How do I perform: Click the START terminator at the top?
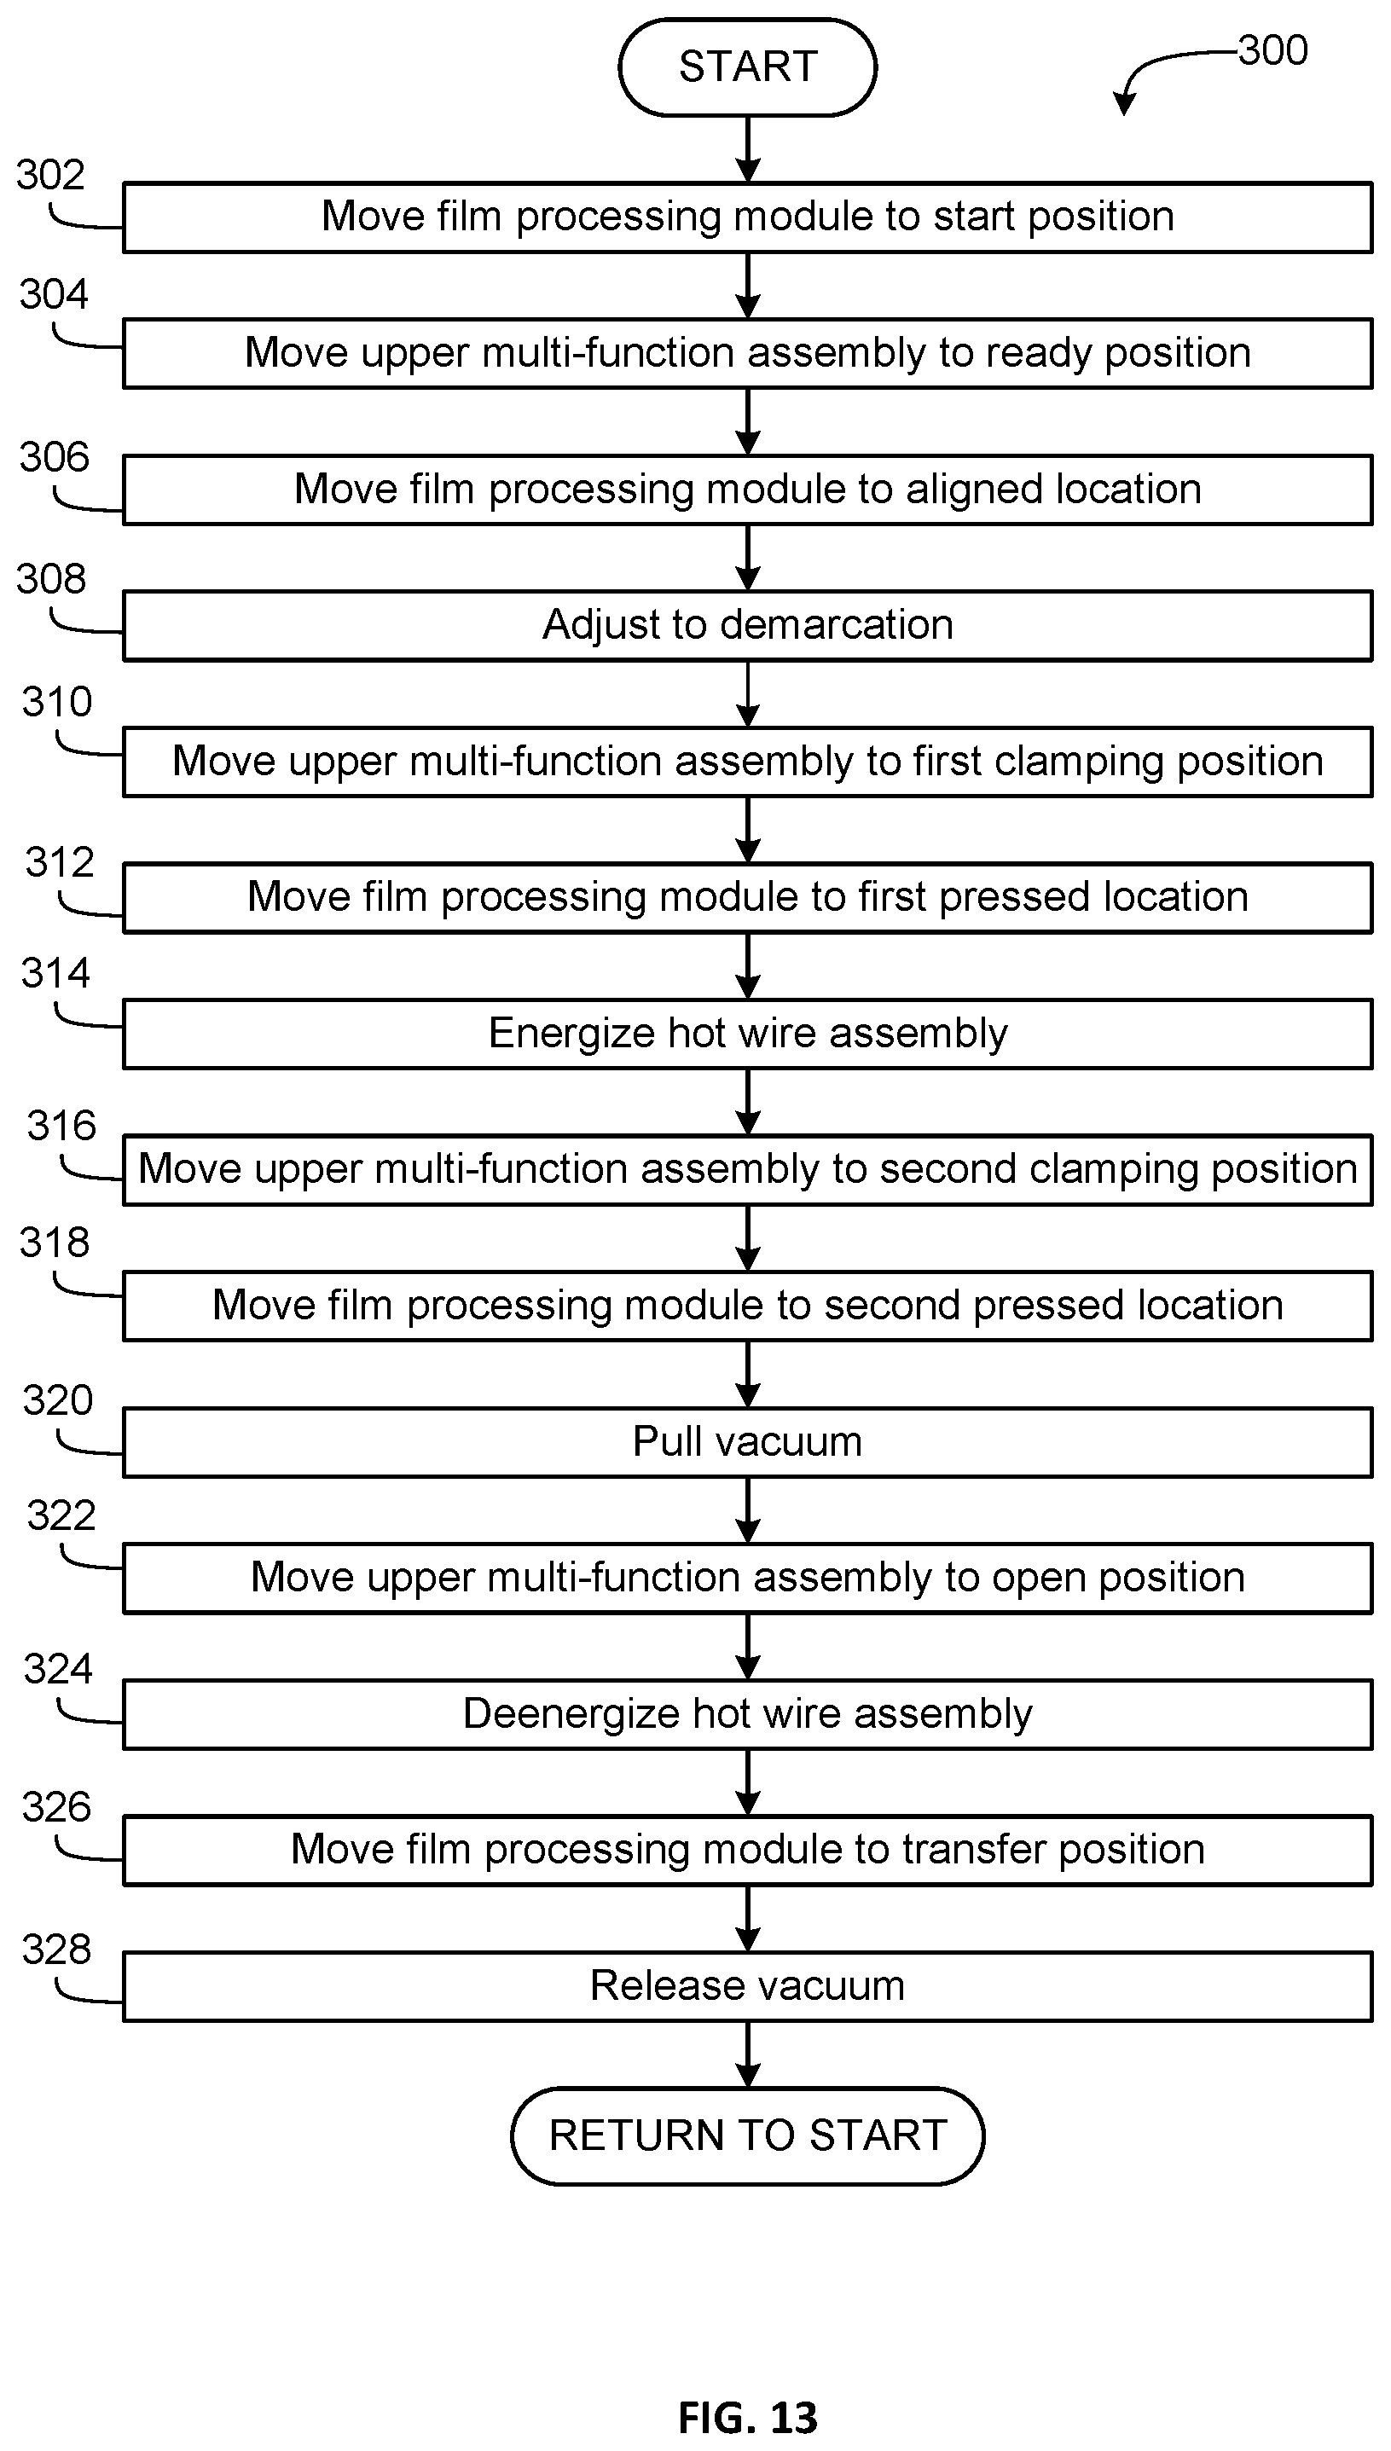coord(747,67)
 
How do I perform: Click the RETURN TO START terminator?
coord(747,2135)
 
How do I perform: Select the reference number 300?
coord(1272,49)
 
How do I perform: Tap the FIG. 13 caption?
coord(747,2418)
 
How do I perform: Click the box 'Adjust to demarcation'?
coord(747,626)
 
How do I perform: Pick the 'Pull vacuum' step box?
coord(747,1442)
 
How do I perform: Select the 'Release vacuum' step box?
coord(747,1987)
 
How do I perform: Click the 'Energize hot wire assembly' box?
coord(747,1034)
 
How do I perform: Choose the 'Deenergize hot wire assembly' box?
coord(747,1714)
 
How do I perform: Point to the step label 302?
coord(50,175)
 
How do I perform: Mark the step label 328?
coord(56,1949)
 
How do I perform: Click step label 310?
coord(57,702)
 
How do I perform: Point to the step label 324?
coord(57,1669)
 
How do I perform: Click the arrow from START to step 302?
coord(748,150)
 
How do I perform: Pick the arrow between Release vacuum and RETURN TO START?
coord(748,2054)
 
